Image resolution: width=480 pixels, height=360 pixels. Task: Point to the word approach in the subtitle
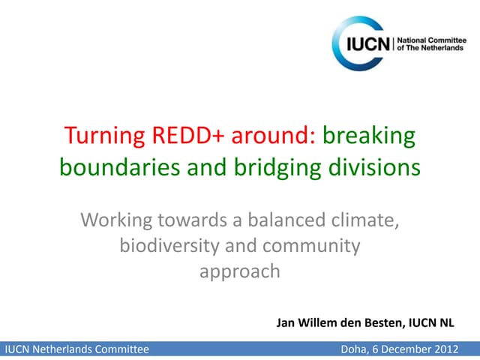[239, 271]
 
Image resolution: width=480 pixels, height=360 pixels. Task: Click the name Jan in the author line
[286, 323]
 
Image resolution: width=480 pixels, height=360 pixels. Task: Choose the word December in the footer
[406, 349]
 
